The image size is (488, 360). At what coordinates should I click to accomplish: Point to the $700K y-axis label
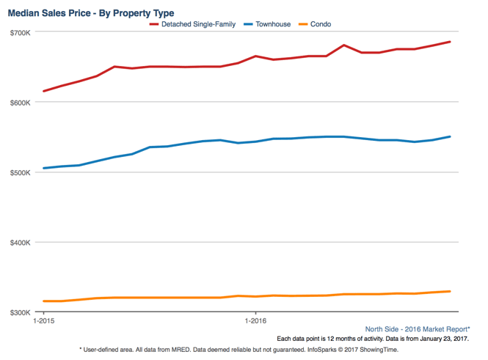pos(21,33)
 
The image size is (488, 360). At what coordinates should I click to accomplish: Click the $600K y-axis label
pos(21,103)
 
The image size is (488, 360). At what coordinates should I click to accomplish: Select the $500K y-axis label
pos(21,172)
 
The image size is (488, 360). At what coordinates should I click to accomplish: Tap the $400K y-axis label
pos(21,243)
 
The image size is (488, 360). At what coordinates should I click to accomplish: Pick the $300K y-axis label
pos(21,312)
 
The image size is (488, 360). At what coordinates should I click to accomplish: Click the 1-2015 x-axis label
pos(44,320)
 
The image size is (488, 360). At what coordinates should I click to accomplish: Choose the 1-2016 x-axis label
pos(255,320)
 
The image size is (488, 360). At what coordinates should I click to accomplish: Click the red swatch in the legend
pos(154,24)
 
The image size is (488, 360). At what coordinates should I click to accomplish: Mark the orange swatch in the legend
pos(302,24)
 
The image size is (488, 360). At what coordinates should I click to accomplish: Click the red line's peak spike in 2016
pos(343,45)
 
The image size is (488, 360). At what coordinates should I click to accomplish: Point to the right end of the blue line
pos(449,136)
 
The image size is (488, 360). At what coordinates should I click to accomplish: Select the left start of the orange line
pos(44,301)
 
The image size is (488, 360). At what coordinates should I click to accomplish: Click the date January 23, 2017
pos(441,339)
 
